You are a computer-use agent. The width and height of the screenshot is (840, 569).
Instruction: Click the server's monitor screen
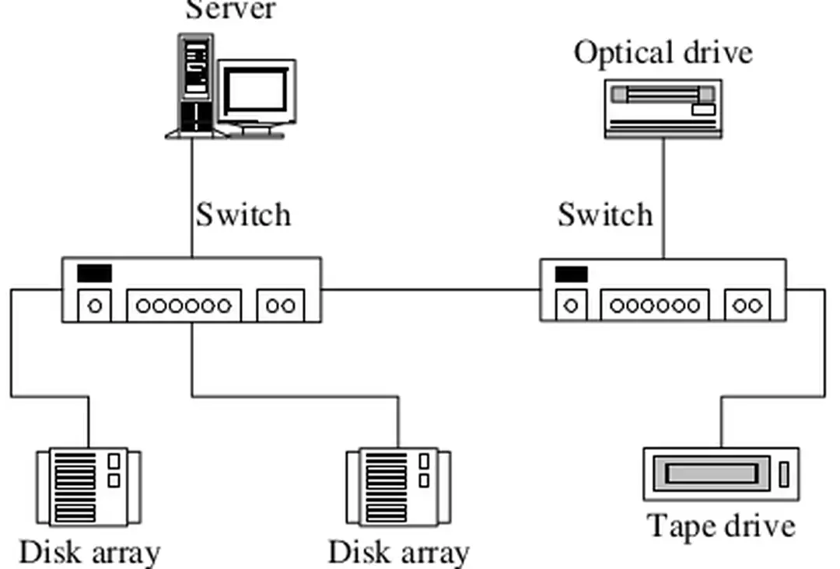click(x=257, y=92)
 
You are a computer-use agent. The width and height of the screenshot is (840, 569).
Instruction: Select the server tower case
click(x=195, y=84)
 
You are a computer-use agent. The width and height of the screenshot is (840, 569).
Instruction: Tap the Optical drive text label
click(x=663, y=53)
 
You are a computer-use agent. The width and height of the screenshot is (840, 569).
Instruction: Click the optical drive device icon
click(x=663, y=109)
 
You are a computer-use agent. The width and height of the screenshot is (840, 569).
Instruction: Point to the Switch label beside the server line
click(x=243, y=215)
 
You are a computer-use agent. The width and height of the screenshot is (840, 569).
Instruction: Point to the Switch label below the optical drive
click(x=605, y=215)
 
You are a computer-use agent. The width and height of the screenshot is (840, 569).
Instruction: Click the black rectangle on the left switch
click(x=94, y=273)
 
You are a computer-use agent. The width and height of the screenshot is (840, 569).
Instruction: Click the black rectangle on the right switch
click(x=571, y=274)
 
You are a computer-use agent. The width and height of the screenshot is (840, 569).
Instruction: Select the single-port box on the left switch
click(x=95, y=305)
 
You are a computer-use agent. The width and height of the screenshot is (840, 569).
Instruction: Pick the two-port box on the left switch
click(x=281, y=305)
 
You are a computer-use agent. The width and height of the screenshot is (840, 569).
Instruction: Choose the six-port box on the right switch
click(x=654, y=305)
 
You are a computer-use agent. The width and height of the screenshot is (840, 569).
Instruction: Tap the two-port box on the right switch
click(x=747, y=305)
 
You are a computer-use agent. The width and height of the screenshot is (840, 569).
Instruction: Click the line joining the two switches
click(x=430, y=290)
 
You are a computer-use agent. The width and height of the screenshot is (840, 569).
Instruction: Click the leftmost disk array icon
click(x=89, y=486)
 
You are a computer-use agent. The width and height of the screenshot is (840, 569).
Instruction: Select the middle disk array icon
click(x=398, y=486)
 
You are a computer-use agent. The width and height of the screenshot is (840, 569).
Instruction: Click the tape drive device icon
click(x=721, y=473)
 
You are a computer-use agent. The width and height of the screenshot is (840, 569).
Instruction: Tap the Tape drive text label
click(x=722, y=526)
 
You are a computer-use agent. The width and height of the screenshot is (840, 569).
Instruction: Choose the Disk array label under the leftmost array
click(x=89, y=553)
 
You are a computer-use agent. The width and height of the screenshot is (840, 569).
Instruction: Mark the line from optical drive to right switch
click(x=663, y=198)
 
